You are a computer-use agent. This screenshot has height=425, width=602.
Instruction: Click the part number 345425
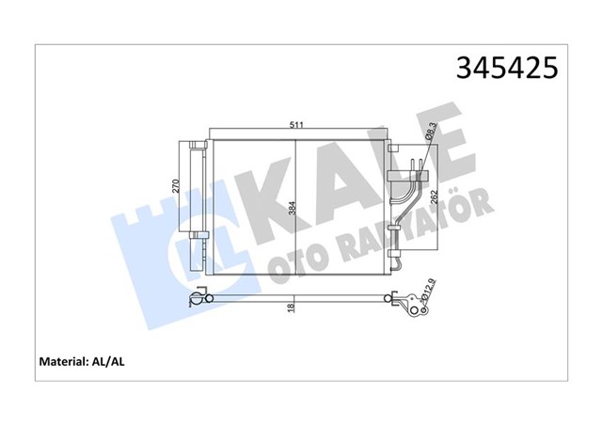tap(506, 69)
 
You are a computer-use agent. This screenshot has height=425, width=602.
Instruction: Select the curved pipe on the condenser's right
tap(407, 202)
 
